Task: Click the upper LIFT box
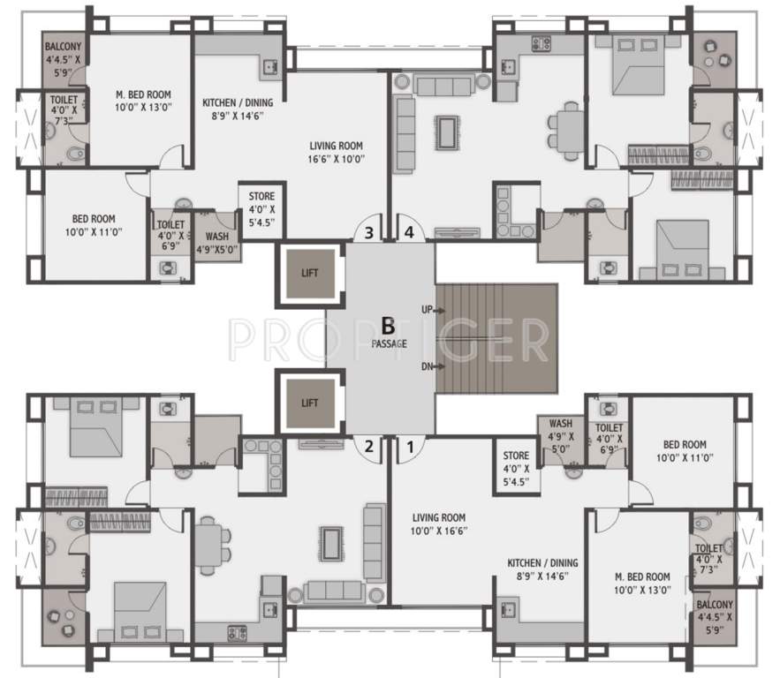(308, 272)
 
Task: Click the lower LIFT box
(308, 403)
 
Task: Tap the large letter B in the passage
(388, 325)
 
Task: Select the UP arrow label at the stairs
(427, 311)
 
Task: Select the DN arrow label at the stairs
(427, 365)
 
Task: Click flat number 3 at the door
(369, 233)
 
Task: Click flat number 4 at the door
(409, 233)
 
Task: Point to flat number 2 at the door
(369, 447)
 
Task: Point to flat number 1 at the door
(408, 447)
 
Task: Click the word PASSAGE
(389, 343)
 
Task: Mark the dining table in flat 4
(570, 128)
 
